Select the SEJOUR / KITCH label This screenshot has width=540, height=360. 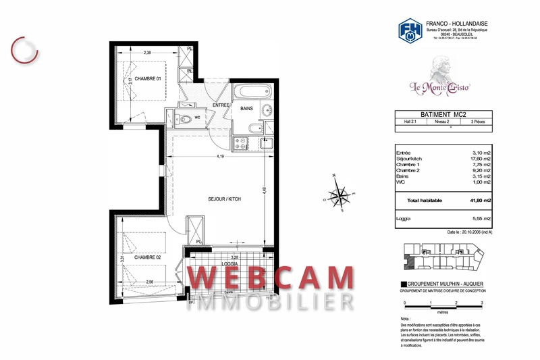point(224,199)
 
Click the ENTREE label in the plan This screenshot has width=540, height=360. point(221,106)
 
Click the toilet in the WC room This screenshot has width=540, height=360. point(185,120)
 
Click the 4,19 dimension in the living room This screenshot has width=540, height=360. point(220,157)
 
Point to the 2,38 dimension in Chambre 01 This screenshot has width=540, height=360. point(147,51)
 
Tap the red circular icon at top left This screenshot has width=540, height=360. point(25,47)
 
